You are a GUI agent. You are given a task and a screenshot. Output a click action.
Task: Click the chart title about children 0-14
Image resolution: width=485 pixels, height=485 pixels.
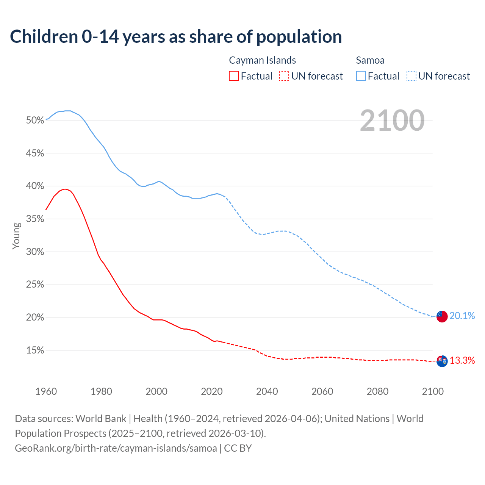pyautogui.click(x=176, y=37)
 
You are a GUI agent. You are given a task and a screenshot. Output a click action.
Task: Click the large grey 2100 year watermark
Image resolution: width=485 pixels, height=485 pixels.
pyautogui.click(x=392, y=120)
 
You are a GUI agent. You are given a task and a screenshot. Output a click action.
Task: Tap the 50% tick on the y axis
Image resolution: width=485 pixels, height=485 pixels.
pyautogui.click(x=35, y=120)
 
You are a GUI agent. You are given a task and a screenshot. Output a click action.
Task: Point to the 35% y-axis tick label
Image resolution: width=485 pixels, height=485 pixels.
pyautogui.click(x=35, y=219)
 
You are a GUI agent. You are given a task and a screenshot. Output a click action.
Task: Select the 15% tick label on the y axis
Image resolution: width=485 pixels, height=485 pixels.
pyautogui.click(x=35, y=350)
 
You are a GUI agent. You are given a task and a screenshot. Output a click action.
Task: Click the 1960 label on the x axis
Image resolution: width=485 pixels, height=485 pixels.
pyautogui.click(x=46, y=391)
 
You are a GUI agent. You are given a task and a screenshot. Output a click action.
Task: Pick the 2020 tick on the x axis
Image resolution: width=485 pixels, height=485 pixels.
pyautogui.click(x=212, y=391)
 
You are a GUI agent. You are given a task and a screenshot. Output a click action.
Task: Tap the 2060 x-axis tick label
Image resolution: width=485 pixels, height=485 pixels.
pyautogui.click(x=322, y=391)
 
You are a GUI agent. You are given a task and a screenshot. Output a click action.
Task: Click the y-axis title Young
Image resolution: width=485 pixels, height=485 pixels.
pyautogui.click(x=16, y=236)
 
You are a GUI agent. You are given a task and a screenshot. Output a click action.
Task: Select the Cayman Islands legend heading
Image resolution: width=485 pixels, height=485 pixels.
pyautogui.click(x=262, y=60)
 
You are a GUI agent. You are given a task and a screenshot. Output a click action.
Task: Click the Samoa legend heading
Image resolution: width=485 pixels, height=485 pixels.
pyautogui.click(x=370, y=60)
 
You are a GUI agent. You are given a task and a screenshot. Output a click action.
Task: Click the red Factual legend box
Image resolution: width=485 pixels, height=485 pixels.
pyautogui.click(x=234, y=76)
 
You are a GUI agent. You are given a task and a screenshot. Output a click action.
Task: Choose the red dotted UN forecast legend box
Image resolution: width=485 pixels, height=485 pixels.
pyautogui.click(x=284, y=76)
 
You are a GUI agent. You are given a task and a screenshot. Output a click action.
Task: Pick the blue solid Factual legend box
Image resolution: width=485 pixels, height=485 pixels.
pyautogui.click(x=361, y=76)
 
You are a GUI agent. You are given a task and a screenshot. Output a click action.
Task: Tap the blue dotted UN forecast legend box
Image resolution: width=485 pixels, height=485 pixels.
pyautogui.click(x=411, y=76)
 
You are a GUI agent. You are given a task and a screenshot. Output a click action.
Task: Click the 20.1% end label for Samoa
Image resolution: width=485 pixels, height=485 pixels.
pyautogui.click(x=462, y=316)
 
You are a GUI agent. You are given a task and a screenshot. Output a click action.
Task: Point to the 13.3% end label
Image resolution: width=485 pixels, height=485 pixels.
pyautogui.click(x=462, y=360)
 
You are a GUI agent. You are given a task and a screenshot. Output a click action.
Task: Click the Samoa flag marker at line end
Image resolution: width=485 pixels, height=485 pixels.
pyautogui.click(x=442, y=316)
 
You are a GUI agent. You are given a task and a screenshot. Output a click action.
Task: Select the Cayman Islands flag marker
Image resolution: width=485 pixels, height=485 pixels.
pyautogui.click(x=442, y=361)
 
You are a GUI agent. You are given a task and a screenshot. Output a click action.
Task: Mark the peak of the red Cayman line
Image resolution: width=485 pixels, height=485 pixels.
pyautogui.click(x=65, y=189)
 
